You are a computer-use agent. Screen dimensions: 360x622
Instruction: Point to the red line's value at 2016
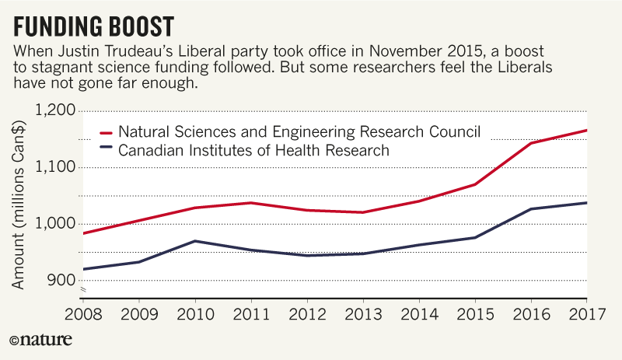pos(530,143)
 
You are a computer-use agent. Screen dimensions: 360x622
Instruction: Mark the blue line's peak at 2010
pos(194,241)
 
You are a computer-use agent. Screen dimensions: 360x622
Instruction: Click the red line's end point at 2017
pos(586,130)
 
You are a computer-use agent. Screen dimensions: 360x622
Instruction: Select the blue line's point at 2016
pos(530,208)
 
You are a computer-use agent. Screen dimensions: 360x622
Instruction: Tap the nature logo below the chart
pos(40,340)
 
